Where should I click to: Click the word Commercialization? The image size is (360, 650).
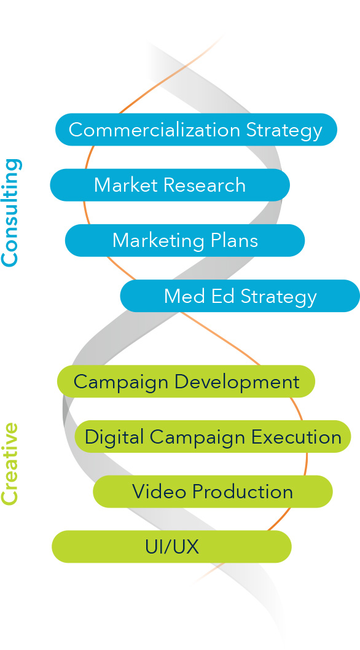pos(154,130)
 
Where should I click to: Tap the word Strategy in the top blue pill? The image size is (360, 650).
pos(284,131)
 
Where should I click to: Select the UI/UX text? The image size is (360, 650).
pos(171,547)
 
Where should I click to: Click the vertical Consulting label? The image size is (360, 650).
pos(10,213)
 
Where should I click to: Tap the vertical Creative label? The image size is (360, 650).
pos(10,464)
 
